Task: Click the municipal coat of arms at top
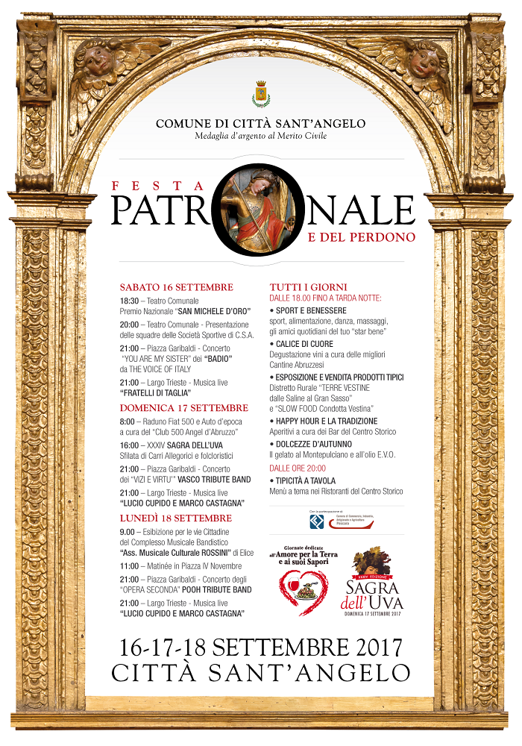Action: (x=260, y=95)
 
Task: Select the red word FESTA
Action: (x=157, y=186)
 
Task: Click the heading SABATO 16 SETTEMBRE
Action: (x=177, y=287)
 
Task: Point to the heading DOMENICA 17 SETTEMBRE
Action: (x=184, y=408)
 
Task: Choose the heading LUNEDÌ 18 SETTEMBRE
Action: (x=176, y=518)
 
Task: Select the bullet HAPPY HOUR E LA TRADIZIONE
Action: (x=327, y=421)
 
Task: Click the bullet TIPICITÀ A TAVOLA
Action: (x=306, y=481)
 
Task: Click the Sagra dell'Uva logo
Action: (x=373, y=582)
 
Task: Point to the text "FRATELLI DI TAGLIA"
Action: (x=155, y=392)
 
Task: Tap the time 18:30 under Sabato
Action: (x=130, y=300)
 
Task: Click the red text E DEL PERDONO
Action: (x=362, y=237)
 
